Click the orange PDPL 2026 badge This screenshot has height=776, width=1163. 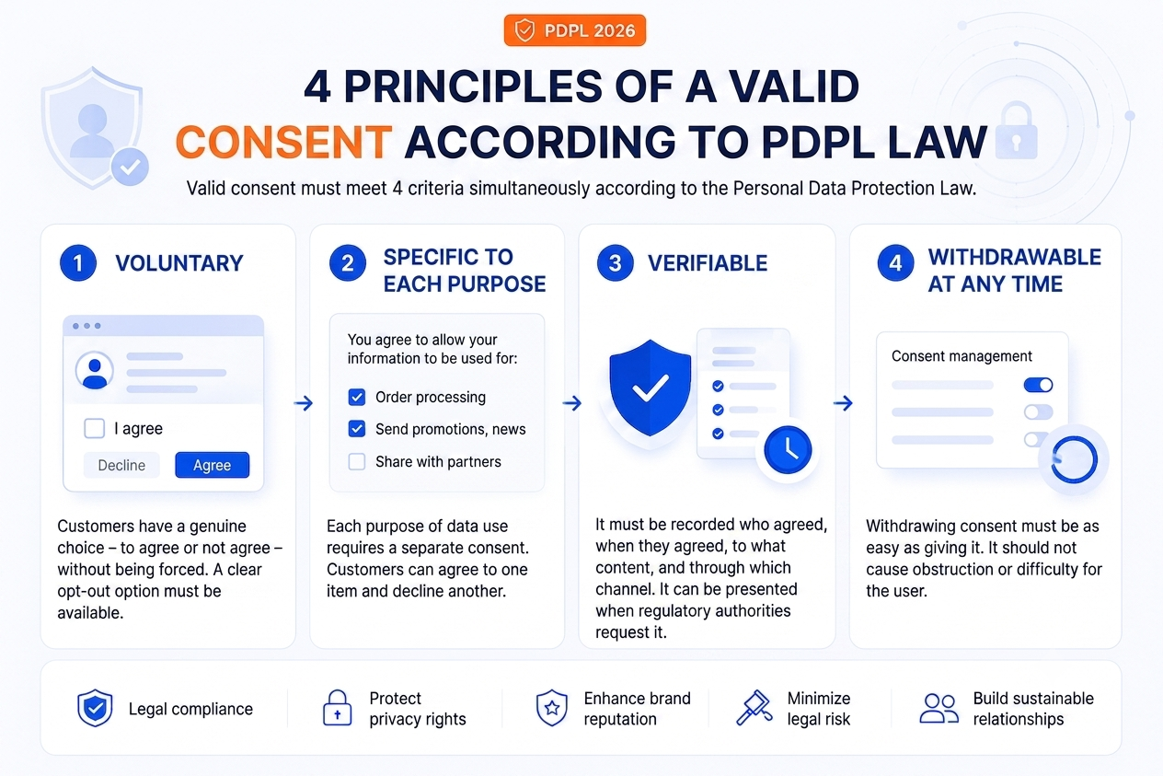coord(575,30)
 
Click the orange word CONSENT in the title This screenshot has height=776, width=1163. coord(284,142)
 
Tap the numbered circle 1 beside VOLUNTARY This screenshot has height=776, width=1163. coord(78,263)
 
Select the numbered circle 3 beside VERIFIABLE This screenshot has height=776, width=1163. coord(615,263)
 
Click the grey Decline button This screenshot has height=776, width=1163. coord(121,465)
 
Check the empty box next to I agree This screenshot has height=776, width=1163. coord(95,429)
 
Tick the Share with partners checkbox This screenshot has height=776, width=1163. coord(357,462)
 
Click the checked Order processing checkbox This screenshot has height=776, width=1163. coord(357,398)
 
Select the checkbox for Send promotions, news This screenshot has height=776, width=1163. coord(357,429)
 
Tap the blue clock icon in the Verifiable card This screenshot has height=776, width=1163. coord(788,450)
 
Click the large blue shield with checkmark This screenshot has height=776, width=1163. coord(650,388)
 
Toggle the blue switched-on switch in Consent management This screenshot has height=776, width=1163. coord(1038,385)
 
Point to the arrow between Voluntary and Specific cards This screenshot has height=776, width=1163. coord(304,403)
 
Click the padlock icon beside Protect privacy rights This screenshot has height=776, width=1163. coord(338,708)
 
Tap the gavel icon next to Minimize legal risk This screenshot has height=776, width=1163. coord(754,708)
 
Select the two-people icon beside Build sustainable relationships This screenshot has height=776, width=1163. coord(938,709)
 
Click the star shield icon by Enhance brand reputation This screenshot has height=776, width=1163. coord(551,708)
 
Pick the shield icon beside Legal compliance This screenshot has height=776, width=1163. coord(95,708)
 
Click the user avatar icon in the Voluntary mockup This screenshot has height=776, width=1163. coord(95,371)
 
